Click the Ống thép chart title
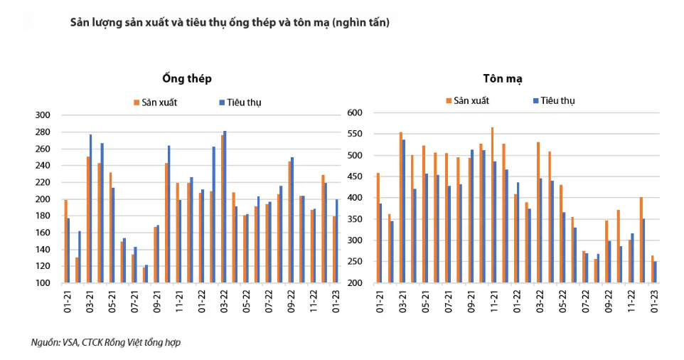click(187, 78)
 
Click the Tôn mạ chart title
click(503, 78)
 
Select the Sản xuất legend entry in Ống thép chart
click(156, 102)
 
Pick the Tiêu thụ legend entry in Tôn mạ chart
click(554, 101)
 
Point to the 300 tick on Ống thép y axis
click(43, 115)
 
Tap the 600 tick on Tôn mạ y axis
click(355, 112)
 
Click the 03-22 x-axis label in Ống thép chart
click(224, 302)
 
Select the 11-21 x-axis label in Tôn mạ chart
click(494, 302)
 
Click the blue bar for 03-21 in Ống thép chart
click(91, 208)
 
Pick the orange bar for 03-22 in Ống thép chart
click(223, 209)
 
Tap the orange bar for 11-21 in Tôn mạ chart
click(492, 205)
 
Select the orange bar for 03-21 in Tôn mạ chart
click(401, 208)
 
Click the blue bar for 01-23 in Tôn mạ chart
click(656, 272)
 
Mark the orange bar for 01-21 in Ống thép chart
click(66, 241)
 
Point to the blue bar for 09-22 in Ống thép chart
click(292, 221)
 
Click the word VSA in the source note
click(70, 342)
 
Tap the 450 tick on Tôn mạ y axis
click(355, 176)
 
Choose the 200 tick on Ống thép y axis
click(43, 199)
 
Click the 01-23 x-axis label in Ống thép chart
click(336, 302)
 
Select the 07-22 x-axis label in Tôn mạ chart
click(585, 302)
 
